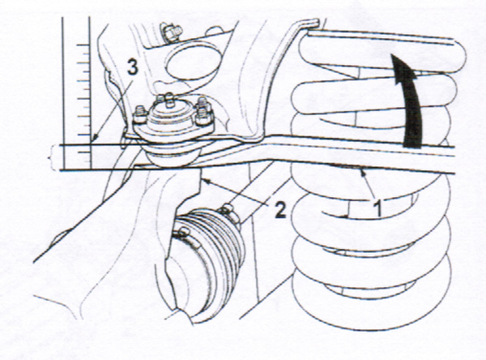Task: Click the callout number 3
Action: pos(132,68)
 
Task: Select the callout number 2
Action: pos(280,209)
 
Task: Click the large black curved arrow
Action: pos(409,99)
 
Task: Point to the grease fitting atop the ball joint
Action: pos(168,99)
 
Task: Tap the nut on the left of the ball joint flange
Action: pos(140,114)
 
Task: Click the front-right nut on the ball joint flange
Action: pos(205,116)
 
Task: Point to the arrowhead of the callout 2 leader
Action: pos(203,180)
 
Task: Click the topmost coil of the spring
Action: pos(382,49)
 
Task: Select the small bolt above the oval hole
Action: pos(173,32)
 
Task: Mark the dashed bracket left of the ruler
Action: pos(52,157)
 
